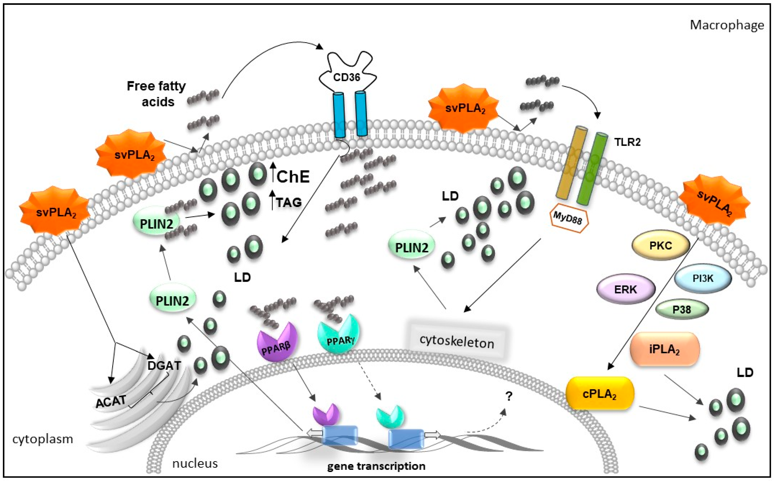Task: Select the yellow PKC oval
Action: (x=660, y=246)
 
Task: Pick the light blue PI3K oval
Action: (x=703, y=278)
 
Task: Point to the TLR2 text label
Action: (x=627, y=142)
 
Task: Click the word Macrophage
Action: (x=727, y=25)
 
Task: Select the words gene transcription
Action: (x=376, y=466)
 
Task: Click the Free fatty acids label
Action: (x=156, y=94)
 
